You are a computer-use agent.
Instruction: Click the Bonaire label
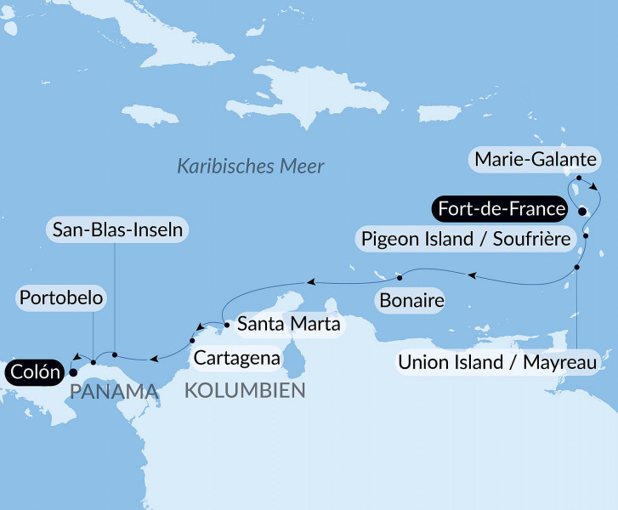[412, 301]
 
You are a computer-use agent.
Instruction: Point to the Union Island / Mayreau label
[498, 364]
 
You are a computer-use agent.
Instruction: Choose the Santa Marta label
[288, 324]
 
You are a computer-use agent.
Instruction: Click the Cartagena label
[236, 358]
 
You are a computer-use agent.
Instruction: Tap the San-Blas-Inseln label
[116, 229]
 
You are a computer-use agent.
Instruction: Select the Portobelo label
[61, 298]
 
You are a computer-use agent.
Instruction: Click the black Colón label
[35, 371]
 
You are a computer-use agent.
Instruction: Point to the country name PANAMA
[115, 392]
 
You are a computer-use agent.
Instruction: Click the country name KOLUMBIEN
[245, 391]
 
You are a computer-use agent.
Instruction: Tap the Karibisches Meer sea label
[251, 166]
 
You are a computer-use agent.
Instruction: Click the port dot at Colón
[72, 371]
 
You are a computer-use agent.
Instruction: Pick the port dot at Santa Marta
[226, 324]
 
